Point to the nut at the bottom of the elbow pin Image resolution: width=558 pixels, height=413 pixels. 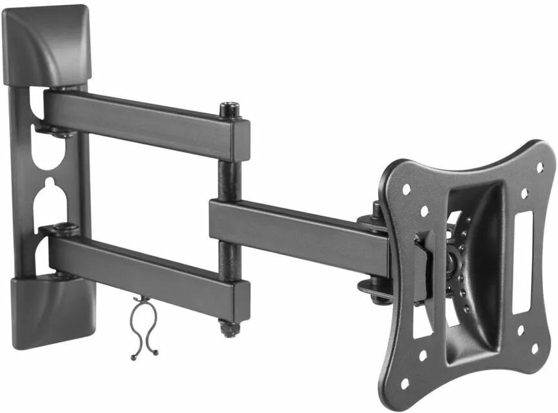(x=227, y=328)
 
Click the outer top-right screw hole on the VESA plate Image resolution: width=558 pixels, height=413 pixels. (x=539, y=167)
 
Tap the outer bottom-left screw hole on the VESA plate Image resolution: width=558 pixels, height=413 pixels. (x=405, y=382)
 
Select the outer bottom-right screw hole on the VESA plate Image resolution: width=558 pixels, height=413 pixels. (x=535, y=348)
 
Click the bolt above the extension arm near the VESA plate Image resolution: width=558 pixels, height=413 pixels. (x=377, y=210)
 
